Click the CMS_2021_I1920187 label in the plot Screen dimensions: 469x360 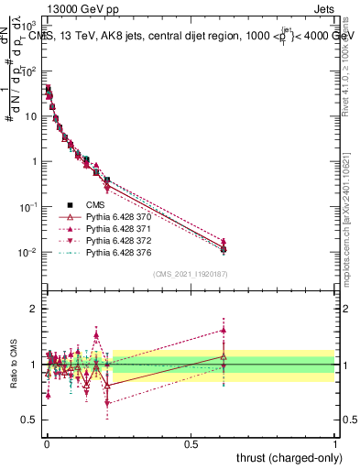point(191,274)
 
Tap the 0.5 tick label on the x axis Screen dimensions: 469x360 point(191,443)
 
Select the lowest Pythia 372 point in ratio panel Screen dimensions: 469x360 point(107,403)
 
